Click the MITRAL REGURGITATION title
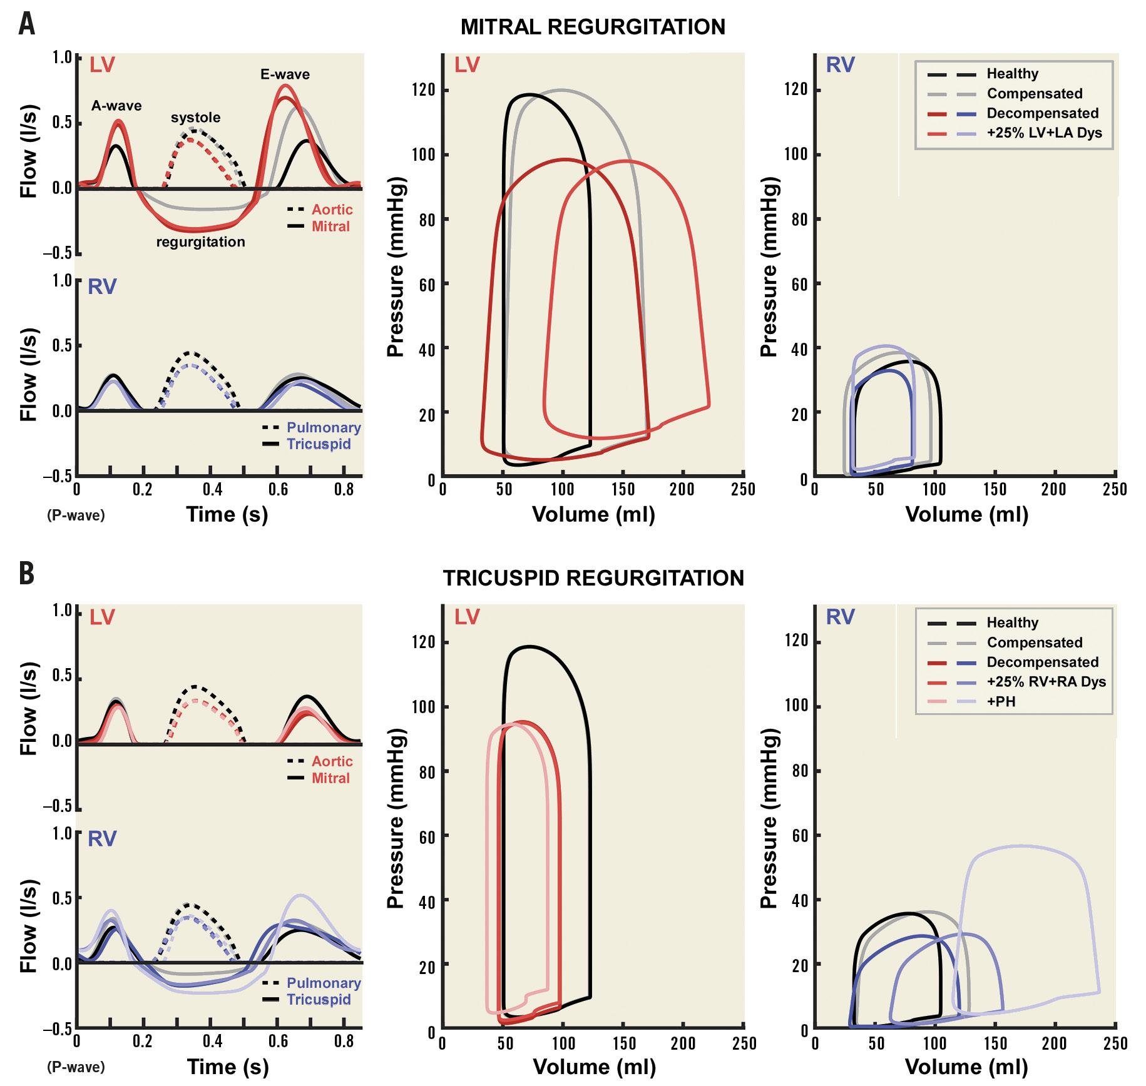tap(593, 27)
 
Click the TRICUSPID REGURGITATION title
tap(593, 578)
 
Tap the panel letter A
tap(26, 24)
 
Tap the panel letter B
tap(26, 573)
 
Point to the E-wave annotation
tap(285, 74)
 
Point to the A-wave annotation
tap(116, 106)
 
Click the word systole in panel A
tap(195, 118)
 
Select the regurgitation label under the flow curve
tap(200, 242)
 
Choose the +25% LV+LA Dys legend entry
tap(1044, 133)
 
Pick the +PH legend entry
tap(1001, 701)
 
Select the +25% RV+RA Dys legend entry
tap(1046, 682)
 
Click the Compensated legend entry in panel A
tap(1034, 94)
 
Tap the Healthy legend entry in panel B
tap(1012, 622)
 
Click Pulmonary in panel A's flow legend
tap(324, 428)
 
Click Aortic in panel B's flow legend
tap(332, 761)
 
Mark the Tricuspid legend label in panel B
tap(319, 1000)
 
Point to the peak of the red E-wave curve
tap(285, 86)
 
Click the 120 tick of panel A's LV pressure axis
tap(423, 90)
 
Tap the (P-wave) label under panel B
tap(76, 1067)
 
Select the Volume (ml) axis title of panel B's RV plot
tap(966, 1067)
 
